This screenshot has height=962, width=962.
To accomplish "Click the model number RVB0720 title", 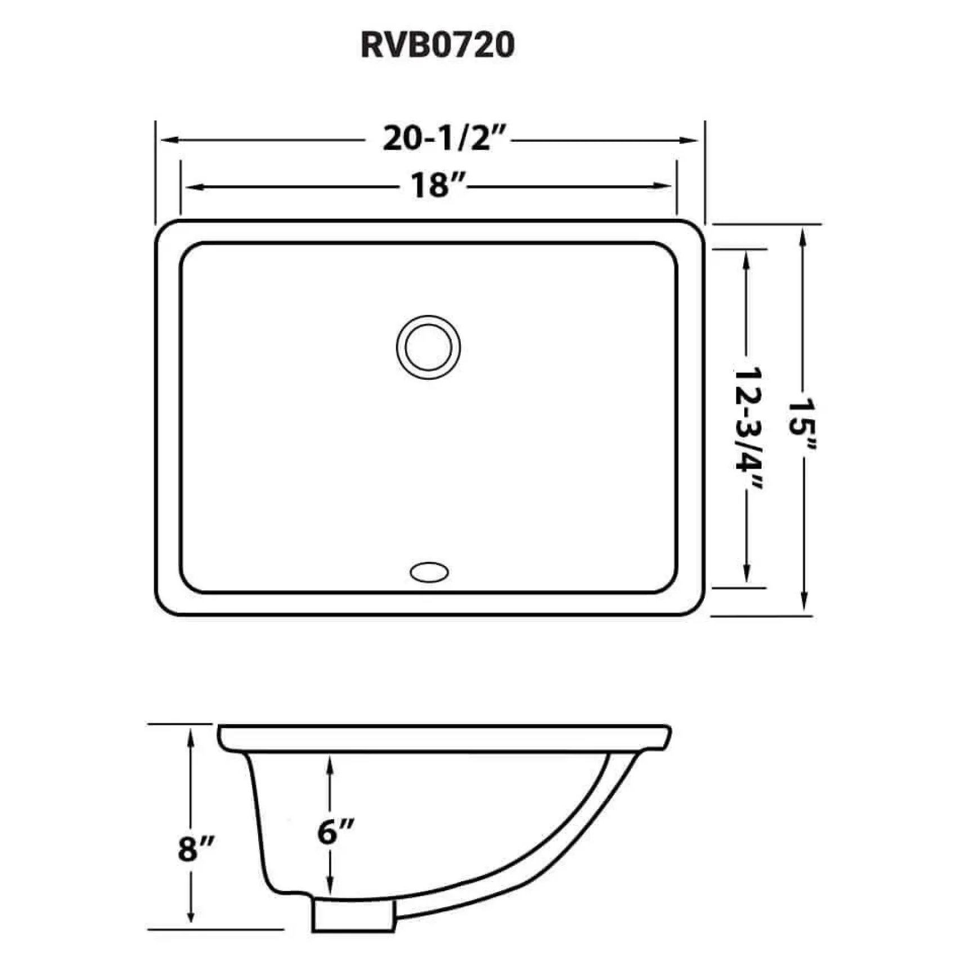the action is coord(437,44).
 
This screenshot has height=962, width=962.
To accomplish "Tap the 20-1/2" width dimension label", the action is coord(445,138).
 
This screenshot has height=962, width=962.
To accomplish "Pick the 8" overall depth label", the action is coord(196,849).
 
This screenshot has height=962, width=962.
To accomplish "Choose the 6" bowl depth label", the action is coord(335,832).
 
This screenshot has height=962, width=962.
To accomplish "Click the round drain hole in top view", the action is coord(428,347).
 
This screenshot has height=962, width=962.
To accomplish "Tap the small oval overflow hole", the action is coord(429,572).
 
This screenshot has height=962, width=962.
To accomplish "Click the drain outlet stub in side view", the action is coord(353,916).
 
